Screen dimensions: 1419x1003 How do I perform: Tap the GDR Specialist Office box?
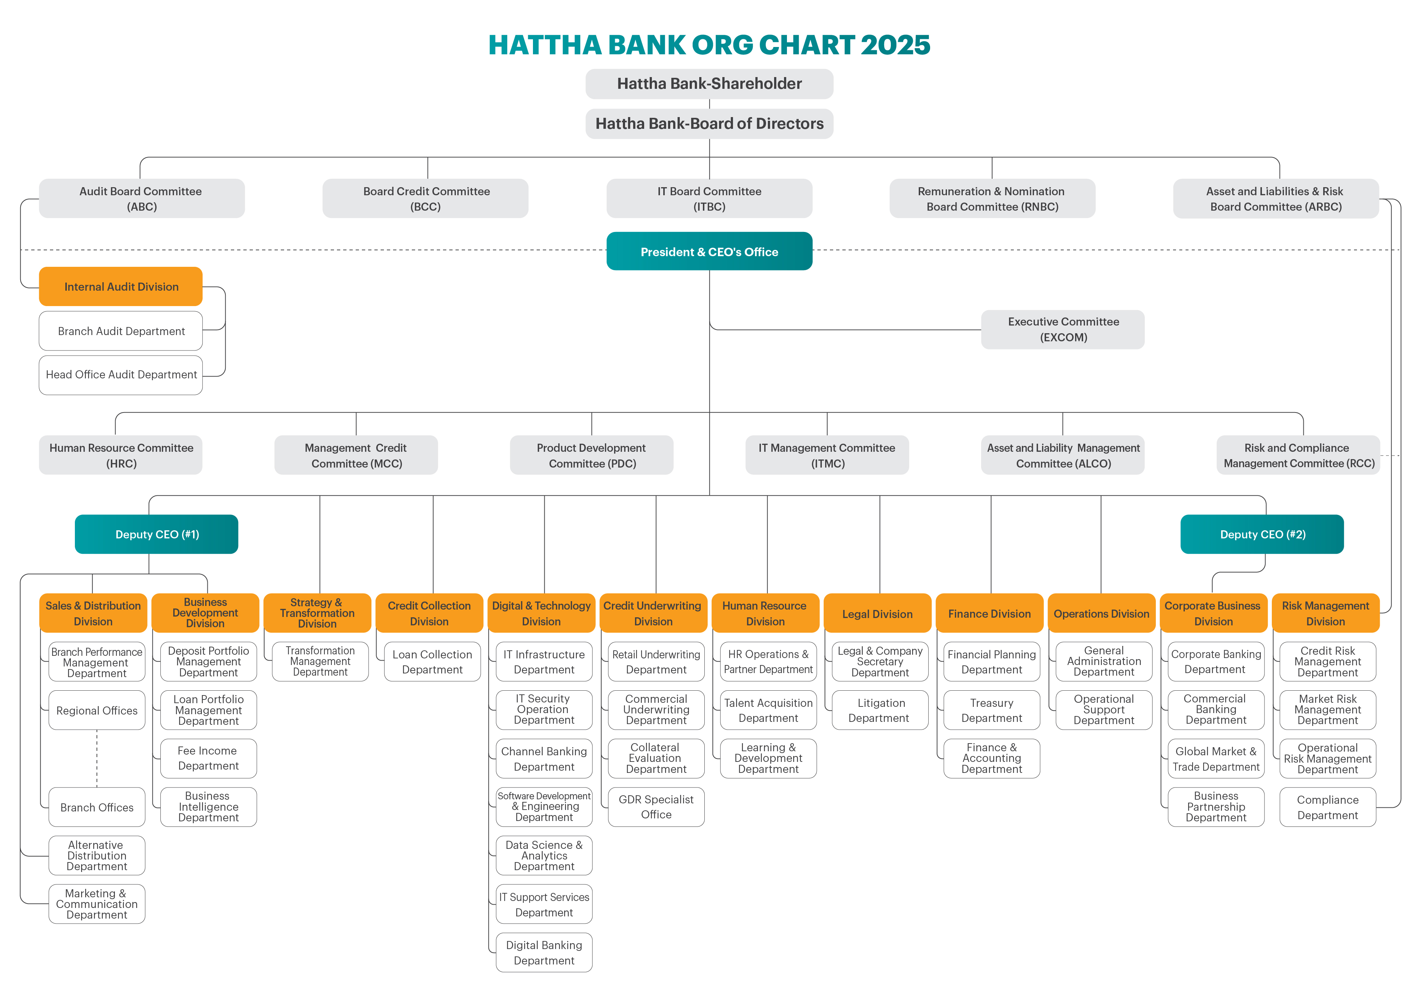[x=656, y=807]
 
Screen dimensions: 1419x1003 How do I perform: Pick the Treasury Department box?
[x=991, y=710]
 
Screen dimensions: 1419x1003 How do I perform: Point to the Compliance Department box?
[x=1328, y=807]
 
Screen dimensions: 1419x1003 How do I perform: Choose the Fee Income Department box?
[x=208, y=758]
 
